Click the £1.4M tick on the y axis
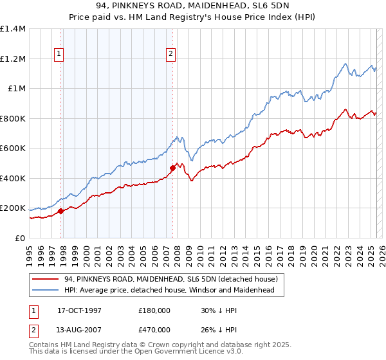(13, 29)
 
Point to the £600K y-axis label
(13, 148)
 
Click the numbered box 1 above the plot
(59, 55)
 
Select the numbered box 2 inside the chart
(171, 55)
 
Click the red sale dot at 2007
(172, 168)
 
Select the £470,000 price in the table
(154, 329)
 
